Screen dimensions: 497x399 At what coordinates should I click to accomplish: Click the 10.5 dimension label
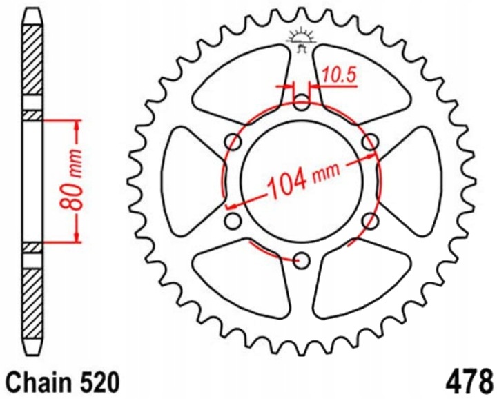tap(340, 76)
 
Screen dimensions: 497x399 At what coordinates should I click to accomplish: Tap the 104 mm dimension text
tap(303, 182)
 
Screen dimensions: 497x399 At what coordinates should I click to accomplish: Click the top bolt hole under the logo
tap(301, 103)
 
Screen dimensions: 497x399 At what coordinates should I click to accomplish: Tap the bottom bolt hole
tap(301, 260)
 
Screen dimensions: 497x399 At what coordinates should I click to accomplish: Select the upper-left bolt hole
tap(233, 142)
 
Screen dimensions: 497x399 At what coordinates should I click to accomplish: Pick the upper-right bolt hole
tap(370, 142)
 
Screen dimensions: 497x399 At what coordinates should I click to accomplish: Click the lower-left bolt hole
tap(233, 221)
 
